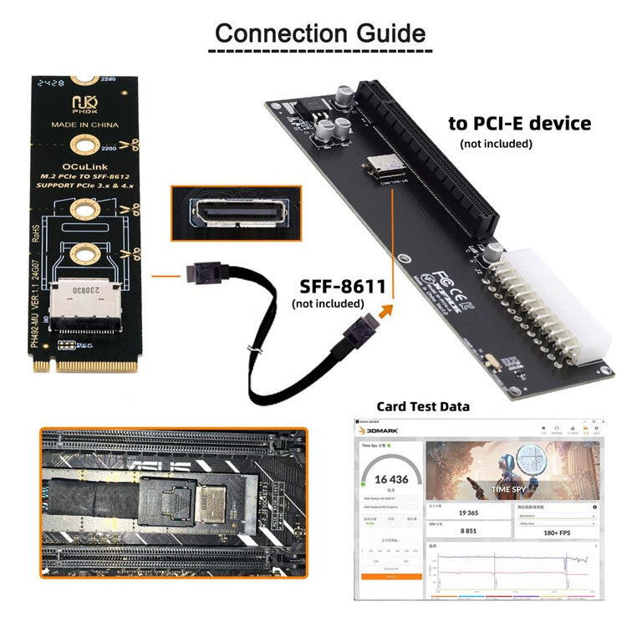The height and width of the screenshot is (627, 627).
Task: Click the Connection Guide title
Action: coord(320,33)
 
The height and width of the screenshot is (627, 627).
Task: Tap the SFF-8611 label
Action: coord(339,287)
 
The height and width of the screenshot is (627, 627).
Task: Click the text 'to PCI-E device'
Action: coord(519,124)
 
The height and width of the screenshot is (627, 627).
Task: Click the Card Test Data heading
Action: coord(423,407)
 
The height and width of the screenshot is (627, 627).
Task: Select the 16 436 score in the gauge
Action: coord(390,479)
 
